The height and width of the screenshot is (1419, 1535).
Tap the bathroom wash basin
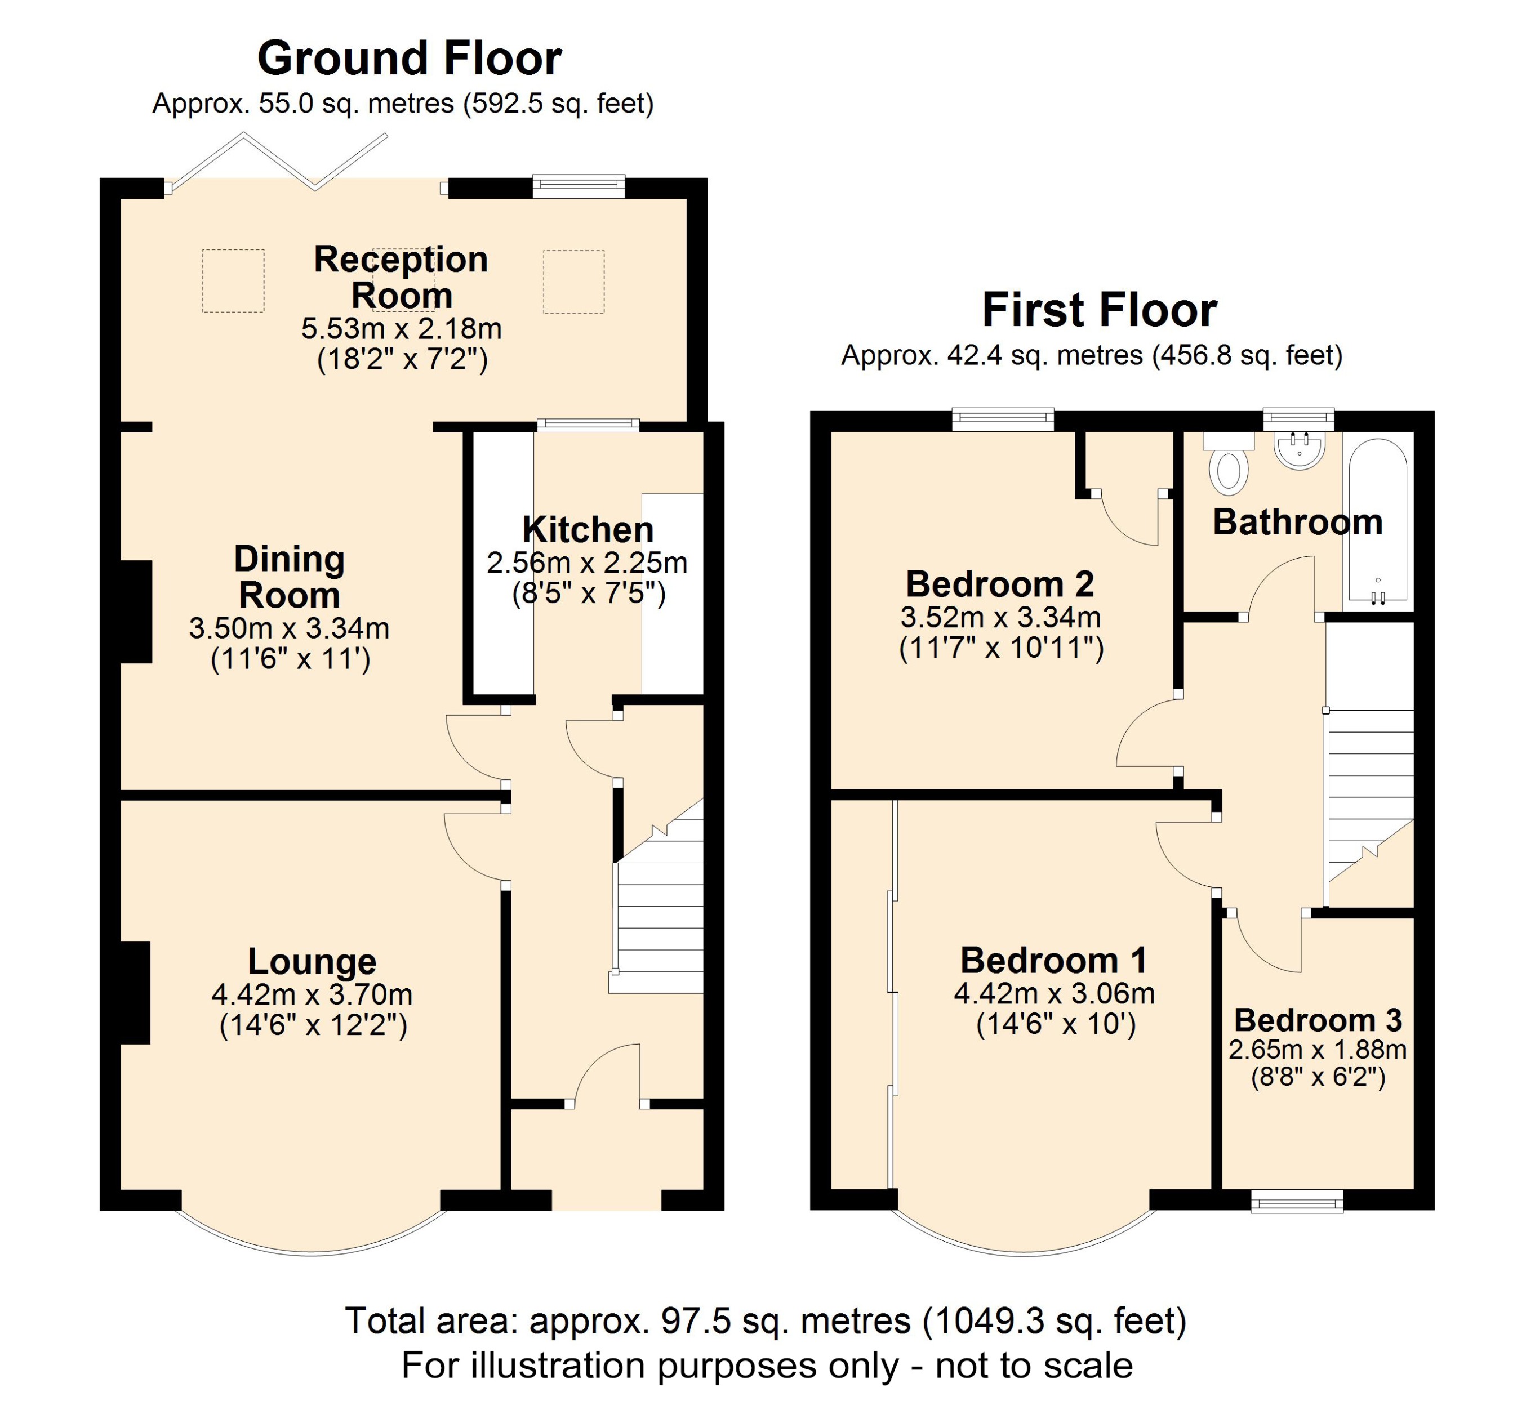tap(1299, 450)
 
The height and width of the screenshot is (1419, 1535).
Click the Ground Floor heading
tap(410, 59)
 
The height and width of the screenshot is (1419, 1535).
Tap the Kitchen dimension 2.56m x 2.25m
tap(587, 563)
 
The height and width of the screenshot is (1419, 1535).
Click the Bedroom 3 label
tap(1318, 1020)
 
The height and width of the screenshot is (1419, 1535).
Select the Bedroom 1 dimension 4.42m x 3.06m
tap(1054, 994)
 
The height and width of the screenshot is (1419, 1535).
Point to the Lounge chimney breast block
tap(135, 993)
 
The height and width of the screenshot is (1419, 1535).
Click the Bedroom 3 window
tap(1297, 1201)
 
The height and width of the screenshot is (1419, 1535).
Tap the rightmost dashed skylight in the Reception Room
tap(574, 282)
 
